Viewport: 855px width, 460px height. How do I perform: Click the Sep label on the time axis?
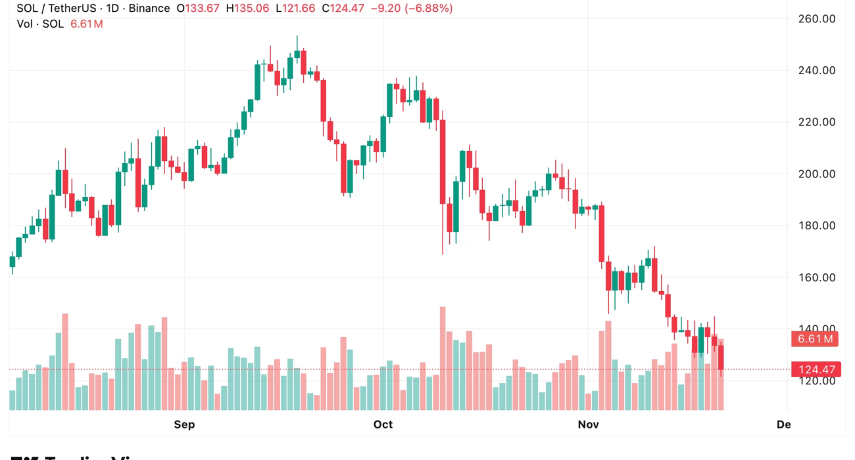(x=184, y=425)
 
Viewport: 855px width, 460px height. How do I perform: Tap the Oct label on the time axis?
(x=383, y=425)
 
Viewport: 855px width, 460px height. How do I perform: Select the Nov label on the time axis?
(x=589, y=425)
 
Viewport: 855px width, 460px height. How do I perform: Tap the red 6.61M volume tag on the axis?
(x=816, y=339)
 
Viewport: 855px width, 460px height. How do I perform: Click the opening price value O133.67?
(x=199, y=9)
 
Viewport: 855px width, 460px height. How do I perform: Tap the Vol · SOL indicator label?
(x=40, y=24)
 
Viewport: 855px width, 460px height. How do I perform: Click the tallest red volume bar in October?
(x=443, y=358)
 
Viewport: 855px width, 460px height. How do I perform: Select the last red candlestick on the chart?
(x=721, y=357)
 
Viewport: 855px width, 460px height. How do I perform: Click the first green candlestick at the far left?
(x=12, y=262)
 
